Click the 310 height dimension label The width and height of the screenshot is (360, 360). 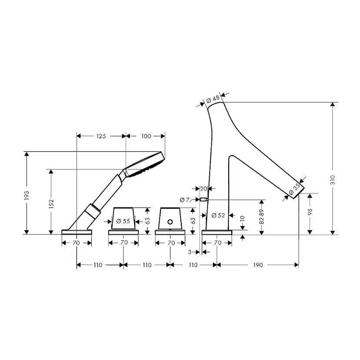click(333, 180)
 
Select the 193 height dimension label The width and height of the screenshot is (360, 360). click(27, 195)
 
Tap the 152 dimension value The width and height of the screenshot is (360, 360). click(51, 203)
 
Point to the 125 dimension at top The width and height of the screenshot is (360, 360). click(101, 136)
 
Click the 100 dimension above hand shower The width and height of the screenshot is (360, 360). click(146, 136)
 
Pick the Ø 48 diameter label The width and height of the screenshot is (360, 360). click(213, 100)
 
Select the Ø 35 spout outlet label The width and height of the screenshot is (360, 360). click(294, 189)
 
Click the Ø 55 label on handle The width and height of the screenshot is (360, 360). click(123, 221)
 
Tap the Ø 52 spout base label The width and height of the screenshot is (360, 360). click(218, 215)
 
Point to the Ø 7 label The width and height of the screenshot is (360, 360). click(185, 200)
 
